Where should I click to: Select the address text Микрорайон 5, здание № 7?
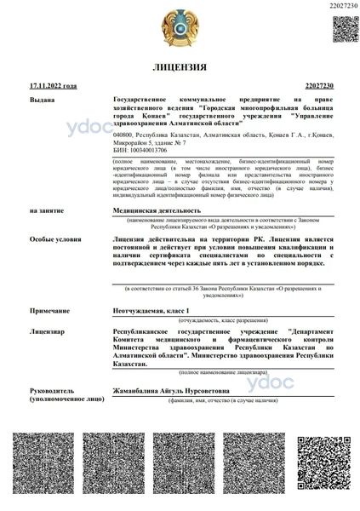[x=151, y=142]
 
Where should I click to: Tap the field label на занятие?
[x=46, y=210]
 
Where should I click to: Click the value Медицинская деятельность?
[x=157, y=210]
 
